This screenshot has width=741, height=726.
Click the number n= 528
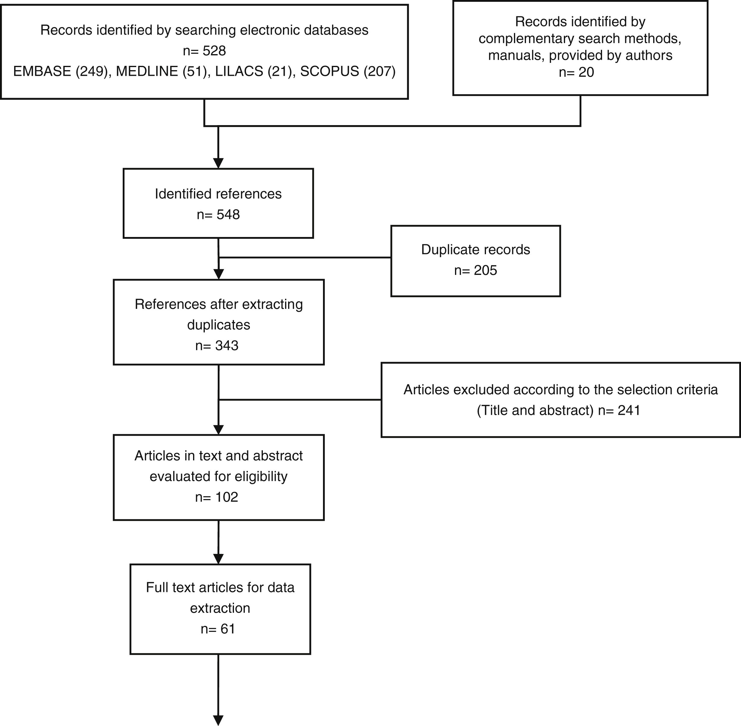(x=204, y=51)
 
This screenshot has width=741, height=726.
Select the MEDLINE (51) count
(x=163, y=71)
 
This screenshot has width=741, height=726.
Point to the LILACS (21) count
(x=255, y=71)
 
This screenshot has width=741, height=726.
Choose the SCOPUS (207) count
(x=347, y=71)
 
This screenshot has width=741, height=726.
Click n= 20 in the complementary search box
(x=576, y=72)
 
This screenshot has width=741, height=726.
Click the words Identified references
(x=218, y=194)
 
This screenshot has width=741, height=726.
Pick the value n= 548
(x=218, y=215)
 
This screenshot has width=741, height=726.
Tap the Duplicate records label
(x=475, y=249)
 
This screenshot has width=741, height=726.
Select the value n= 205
(x=475, y=270)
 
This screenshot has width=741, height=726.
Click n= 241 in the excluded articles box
(x=619, y=410)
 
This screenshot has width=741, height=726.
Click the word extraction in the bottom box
(x=220, y=608)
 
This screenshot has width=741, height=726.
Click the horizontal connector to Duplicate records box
(x=305, y=257)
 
